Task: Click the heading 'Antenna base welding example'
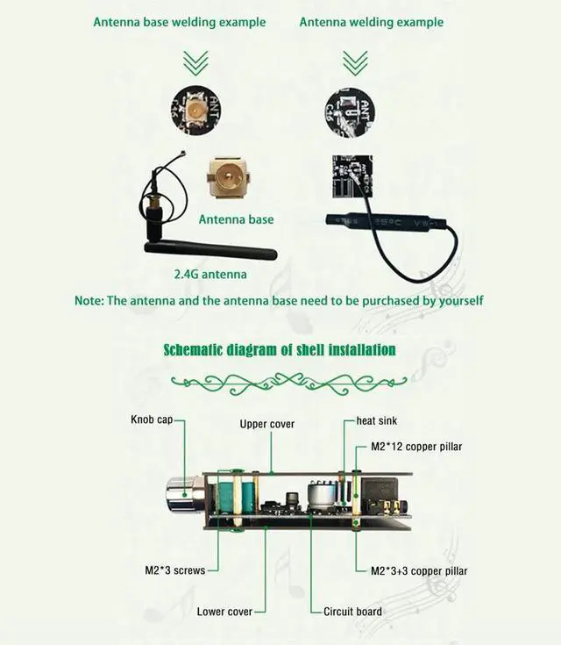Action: point(180,22)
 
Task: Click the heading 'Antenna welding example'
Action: point(371,22)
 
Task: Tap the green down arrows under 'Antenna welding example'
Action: point(354,62)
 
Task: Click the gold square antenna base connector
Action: point(231,181)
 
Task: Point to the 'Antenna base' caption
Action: point(236,219)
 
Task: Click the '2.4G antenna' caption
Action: point(210,275)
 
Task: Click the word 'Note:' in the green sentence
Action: point(89,300)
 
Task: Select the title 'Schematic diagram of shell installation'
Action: point(280,350)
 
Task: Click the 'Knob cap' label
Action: point(153,419)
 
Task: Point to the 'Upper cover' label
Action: point(267,424)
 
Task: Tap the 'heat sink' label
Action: point(376,421)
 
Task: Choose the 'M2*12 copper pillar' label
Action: point(416,447)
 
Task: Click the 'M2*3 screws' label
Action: point(174,570)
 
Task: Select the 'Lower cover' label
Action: point(224,612)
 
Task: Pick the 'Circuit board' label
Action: point(352,612)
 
